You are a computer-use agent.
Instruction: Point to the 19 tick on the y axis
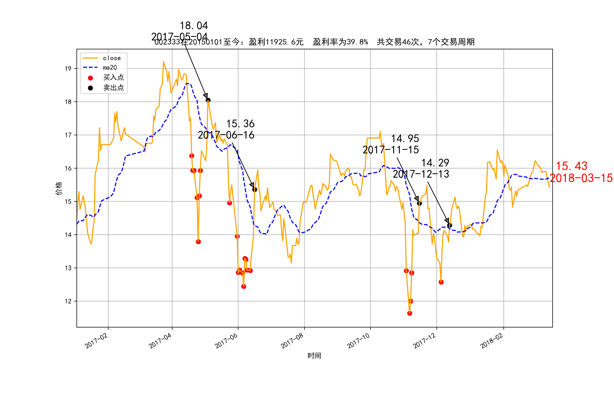pos(68,69)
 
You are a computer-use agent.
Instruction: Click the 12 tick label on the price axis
pos(68,302)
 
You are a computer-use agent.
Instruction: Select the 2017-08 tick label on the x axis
pos(292,341)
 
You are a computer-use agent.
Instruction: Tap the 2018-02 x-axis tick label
pos(491,341)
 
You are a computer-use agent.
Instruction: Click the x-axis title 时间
pos(314,356)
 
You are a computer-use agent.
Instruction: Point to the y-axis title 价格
pos(59,188)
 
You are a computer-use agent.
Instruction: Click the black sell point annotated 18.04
pos(208,100)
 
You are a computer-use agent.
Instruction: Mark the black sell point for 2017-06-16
pos(255,190)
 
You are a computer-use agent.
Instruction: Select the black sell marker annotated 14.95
pos(420,203)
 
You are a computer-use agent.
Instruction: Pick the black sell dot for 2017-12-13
pos(449,225)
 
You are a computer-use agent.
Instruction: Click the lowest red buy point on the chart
pos(410,313)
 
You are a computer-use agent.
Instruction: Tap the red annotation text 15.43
pos(572,166)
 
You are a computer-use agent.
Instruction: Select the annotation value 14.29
pos(435,163)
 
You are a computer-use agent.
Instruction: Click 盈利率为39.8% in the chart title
pos(340,42)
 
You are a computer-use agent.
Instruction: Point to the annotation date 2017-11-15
pos(391,150)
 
